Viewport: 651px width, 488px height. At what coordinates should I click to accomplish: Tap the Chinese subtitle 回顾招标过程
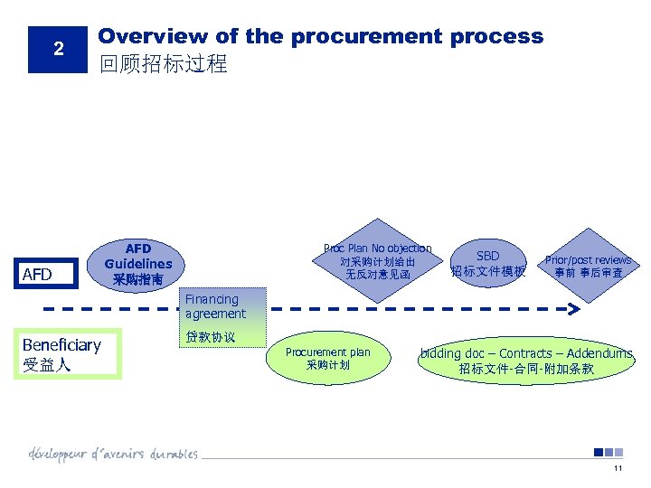pyautogui.click(x=163, y=64)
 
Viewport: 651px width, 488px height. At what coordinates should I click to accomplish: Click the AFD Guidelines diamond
pyautogui.click(x=137, y=264)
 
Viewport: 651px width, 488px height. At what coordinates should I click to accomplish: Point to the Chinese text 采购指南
pyautogui.click(x=137, y=280)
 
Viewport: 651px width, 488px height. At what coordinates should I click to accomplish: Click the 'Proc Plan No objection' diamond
pyautogui.click(x=377, y=261)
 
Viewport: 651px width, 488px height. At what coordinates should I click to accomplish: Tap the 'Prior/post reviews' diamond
pyautogui.click(x=588, y=265)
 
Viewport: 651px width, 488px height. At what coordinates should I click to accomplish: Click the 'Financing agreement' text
pyautogui.click(x=214, y=306)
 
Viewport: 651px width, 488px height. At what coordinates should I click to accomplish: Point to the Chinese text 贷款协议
pyautogui.click(x=210, y=337)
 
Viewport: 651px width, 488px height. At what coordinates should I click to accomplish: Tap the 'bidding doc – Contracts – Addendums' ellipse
pyautogui.click(x=526, y=361)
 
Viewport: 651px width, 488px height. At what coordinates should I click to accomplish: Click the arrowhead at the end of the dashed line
pyautogui.click(x=573, y=308)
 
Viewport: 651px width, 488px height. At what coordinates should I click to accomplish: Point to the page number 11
pyautogui.click(x=618, y=468)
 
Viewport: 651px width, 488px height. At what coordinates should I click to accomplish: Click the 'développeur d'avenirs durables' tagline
pyautogui.click(x=113, y=453)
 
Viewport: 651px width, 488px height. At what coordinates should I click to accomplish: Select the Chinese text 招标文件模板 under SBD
pyautogui.click(x=487, y=272)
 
